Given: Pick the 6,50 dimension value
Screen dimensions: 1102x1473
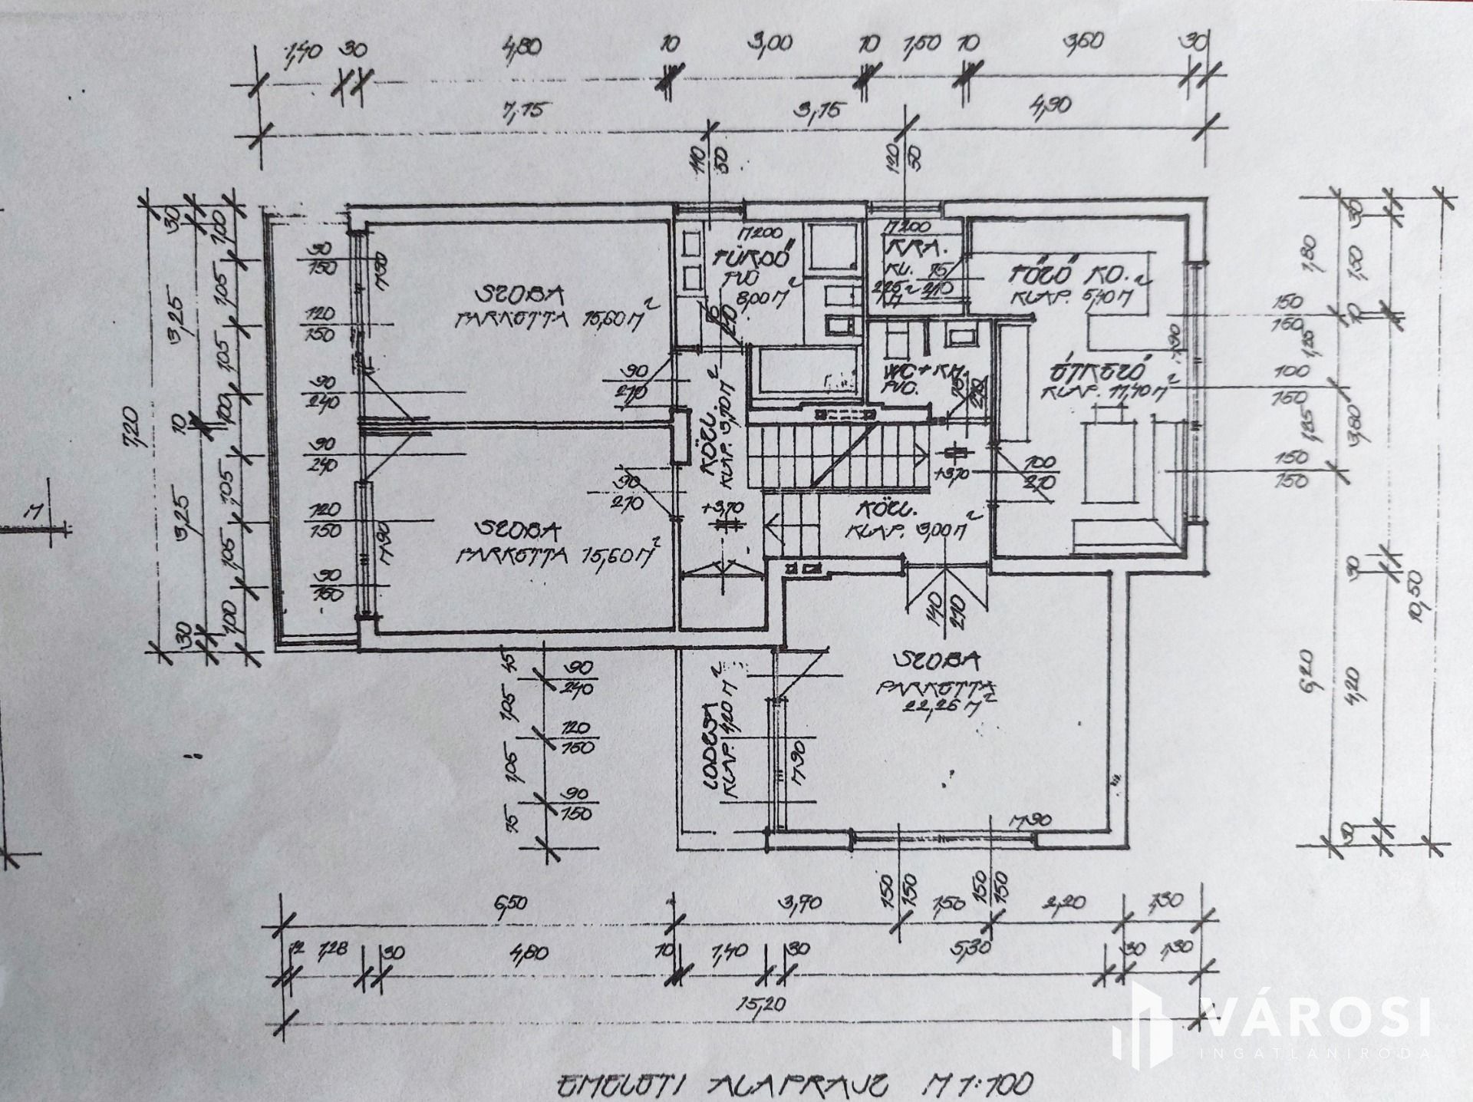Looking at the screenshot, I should [x=511, y=902].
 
